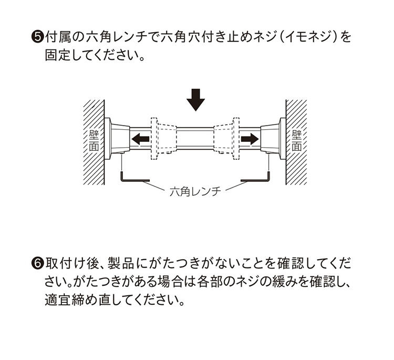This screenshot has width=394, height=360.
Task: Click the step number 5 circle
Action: click(38, 38)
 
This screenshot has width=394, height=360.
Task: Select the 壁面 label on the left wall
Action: click(94, 140)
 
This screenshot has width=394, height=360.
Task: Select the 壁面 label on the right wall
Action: click(297, 140)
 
